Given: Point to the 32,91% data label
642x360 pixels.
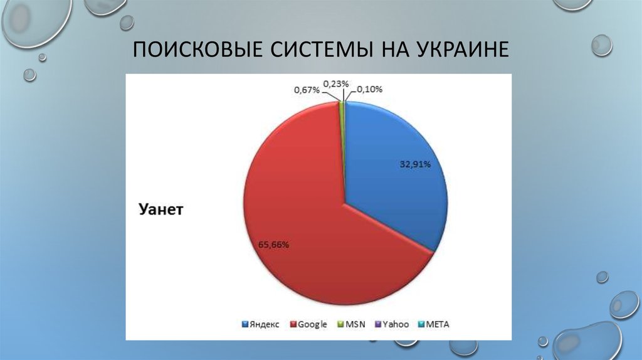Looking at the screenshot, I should click(415, 164).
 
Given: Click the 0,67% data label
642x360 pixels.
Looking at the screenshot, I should click(307, 90).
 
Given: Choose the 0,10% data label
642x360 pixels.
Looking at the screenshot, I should click(371, 90).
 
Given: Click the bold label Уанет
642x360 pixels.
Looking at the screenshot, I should click(160, 210).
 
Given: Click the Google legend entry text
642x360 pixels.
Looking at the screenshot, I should click(312, 325).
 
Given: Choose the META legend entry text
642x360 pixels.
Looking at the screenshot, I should click(438, 325).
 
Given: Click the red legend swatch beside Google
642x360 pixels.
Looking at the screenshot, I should click(293, 325).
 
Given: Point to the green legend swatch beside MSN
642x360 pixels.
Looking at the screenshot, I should click(341, 325).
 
